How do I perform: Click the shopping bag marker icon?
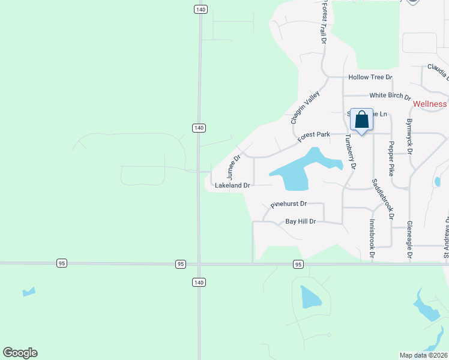click(361, 120)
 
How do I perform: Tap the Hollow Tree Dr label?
click(370, 77)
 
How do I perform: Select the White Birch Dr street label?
click(390, 96)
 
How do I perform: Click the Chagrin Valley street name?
click(306, 107)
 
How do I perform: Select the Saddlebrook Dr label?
click(383, 198)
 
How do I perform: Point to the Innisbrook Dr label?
click(372, 238)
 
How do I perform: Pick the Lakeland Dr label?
click(232, 186)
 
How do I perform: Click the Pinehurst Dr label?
click(289, 205)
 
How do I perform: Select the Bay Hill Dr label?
click(300, 221)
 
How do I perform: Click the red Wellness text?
click(430, 104)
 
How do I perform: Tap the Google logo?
click(20, 353)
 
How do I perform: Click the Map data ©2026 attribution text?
click(424, 355)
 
